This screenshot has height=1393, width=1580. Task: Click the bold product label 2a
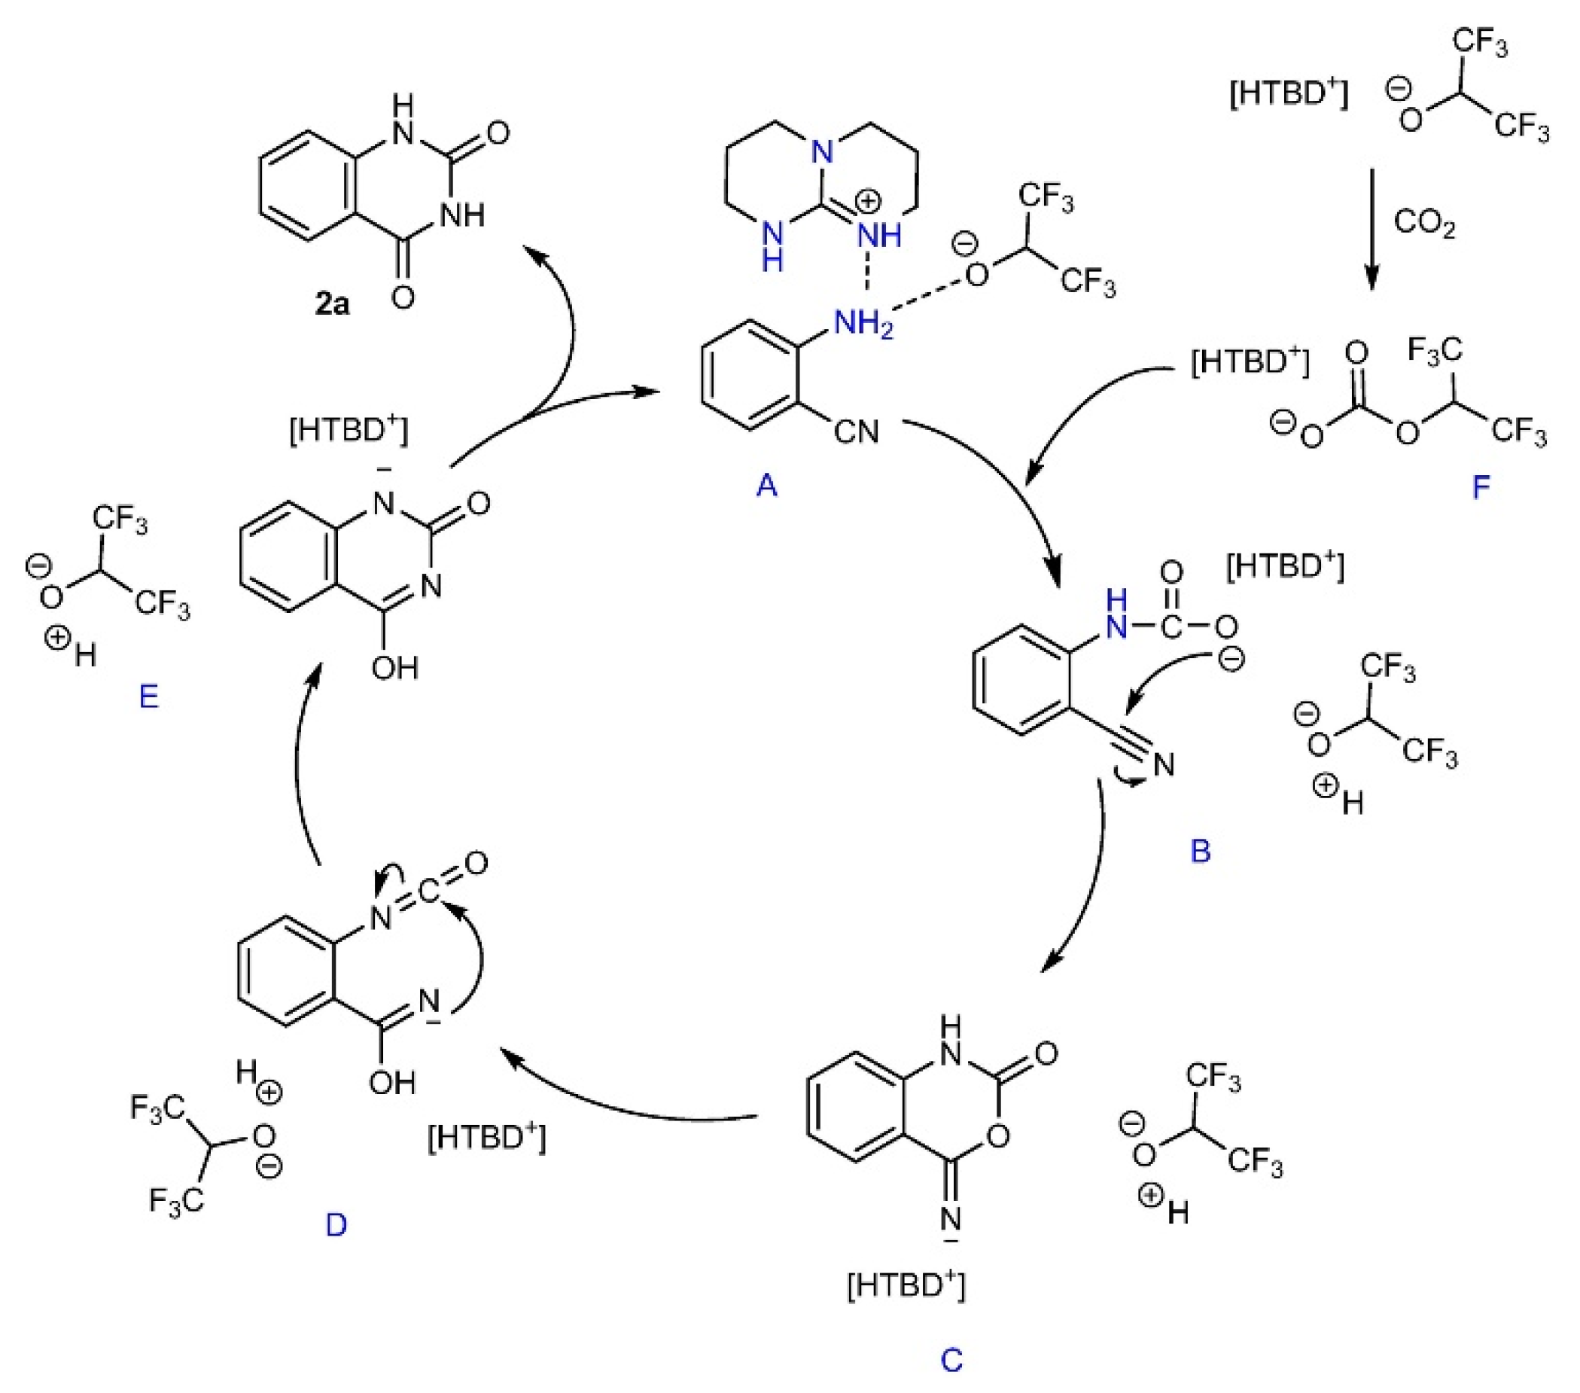[x=332, y=303]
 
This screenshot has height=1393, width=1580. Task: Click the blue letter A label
[x=766, y=485]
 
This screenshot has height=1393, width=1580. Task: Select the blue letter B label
[x=1200, y=851]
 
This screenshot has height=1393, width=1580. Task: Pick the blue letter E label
[x=148, y=696]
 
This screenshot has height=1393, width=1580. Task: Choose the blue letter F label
[x=1481, y=488]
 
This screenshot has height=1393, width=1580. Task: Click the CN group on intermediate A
[x=857, y=431]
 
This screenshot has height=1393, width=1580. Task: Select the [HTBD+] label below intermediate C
[x=906, y=1285]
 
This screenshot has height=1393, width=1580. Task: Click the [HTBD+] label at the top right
[x=1289, y=96]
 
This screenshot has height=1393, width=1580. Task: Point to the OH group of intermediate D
[x=393, y=1083]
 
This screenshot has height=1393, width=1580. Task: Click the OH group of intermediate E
[x=394, y=667]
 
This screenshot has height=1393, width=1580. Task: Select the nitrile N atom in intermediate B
[x=1163, y=765]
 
